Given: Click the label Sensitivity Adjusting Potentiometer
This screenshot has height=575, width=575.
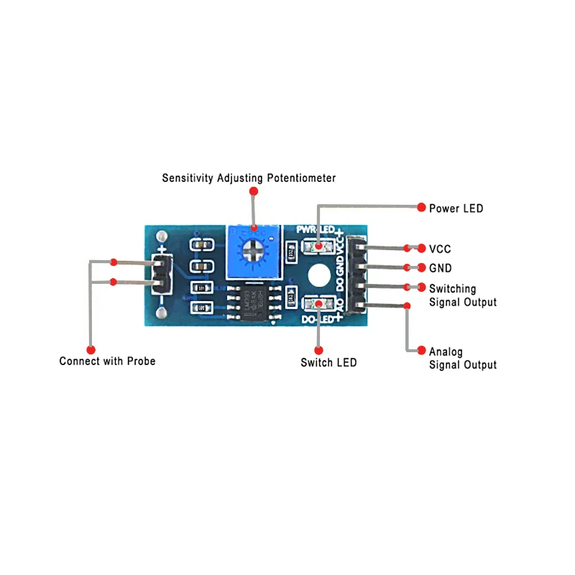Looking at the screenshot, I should [249, 178].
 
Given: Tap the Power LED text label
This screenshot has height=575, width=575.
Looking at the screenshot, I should [456, 208].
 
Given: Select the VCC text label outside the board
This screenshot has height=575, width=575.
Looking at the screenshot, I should [440, 249].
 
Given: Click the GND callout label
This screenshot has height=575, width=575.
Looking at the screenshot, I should [440, 268].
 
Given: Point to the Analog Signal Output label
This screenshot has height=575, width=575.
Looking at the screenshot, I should [462, 358].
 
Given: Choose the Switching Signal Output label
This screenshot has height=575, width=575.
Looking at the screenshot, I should [462, 295].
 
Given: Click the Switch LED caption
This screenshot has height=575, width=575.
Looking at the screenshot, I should [328, 362].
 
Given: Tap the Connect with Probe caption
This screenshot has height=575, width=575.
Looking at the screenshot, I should [107, 361].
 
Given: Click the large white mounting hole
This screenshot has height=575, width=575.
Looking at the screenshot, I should [318, 275].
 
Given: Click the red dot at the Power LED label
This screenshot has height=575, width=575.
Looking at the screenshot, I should [422, 207].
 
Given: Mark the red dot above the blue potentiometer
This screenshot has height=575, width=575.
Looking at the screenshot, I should [253, 191].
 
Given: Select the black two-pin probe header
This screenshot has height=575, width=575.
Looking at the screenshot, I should [162, 275].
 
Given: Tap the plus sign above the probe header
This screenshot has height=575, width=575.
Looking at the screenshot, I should [163, 249].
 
